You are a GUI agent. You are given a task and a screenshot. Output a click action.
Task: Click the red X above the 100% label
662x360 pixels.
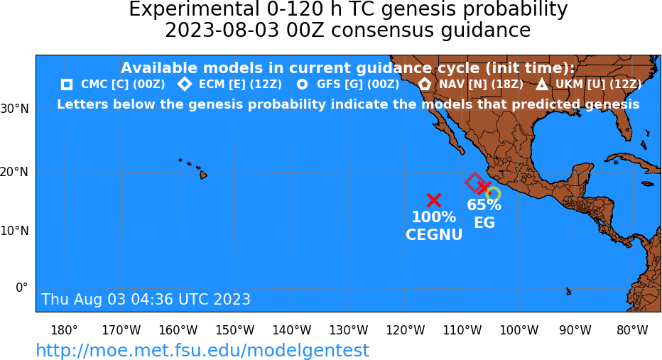click(433, 200)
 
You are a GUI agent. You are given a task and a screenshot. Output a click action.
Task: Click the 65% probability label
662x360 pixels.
click(484, 204)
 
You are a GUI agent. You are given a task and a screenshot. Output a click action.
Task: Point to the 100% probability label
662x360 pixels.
click(433, 217)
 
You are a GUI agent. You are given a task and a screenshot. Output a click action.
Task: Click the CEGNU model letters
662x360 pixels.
click(434, 234)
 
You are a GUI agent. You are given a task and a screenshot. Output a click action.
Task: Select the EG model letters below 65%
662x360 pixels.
click(484, 222)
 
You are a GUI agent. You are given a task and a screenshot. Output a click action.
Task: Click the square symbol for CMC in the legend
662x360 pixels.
click(67, 84)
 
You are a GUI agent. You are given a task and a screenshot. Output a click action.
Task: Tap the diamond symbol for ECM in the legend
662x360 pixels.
click(185, 84)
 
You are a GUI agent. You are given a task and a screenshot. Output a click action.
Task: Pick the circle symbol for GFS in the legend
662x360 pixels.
click(303, 84)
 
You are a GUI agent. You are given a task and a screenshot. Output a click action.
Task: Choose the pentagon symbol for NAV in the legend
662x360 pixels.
click(424, 84)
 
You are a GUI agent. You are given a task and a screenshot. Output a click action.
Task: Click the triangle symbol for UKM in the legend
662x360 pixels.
click(542, 84)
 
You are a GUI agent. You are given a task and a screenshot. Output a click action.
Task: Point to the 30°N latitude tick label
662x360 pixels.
click(15, 109)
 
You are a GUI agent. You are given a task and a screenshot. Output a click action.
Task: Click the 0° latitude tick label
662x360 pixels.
click(22, 288)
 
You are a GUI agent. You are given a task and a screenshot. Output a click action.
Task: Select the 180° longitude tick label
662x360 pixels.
click(64, 330)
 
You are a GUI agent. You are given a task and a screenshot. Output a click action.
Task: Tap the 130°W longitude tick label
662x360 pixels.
click(348, 330)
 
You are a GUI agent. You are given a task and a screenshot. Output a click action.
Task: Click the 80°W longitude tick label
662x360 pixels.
click(632, 330)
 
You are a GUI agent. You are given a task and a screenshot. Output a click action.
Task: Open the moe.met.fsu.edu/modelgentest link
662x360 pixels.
click(202, 350)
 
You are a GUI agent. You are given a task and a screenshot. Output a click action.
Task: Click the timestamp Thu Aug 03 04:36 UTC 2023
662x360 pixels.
click(146, 299)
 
